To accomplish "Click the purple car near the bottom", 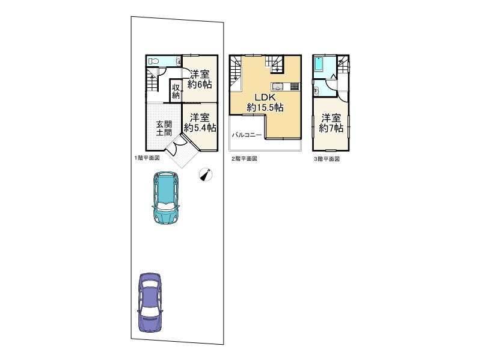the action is [150, 303].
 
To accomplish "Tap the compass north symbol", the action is [206, 175].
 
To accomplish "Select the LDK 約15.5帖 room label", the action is [265, 102].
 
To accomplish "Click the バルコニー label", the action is [247, 135].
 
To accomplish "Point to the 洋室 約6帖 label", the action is [200, 79].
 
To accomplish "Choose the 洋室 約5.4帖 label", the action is [200, 123].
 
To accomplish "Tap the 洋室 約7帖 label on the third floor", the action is [331, 123].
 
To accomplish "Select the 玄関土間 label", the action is [164, 128].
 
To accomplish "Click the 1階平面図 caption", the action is [147, 158].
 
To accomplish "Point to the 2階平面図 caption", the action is [244, 159].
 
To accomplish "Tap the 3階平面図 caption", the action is [326, 159].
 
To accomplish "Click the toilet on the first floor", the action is [153, 61].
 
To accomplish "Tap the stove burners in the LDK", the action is [295, 86].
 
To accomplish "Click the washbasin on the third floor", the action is [316, 91].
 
